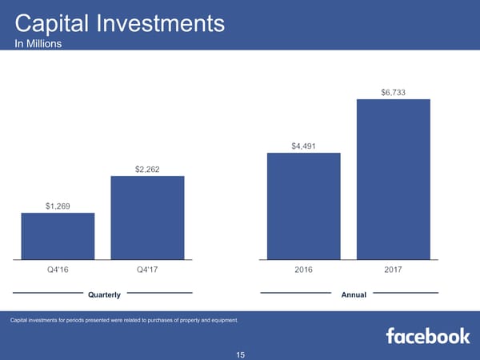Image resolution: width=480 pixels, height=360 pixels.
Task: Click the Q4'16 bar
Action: pyautogui.click(x=58, y=236)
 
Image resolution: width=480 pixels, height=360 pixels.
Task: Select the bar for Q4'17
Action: pyautogui.click(x=147, y=218)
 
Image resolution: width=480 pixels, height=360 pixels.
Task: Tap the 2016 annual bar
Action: pyautogui.click(x=303, y=206)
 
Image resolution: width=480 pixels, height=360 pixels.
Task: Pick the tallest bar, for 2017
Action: pyautogui.click(x=393, y=179)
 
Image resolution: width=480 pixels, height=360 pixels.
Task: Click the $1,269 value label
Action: pyautogui.click(x=58, y=206)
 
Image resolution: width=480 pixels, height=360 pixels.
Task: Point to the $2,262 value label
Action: pyautogui.click(x=147, y=169)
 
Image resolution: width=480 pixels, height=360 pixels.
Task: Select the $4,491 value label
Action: pyautogui.click(x=303, y=146)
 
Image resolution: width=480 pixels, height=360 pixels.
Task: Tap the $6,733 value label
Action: pyautogui.click(x=393, y=93)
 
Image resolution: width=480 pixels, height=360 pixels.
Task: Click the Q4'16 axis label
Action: pyautogui.click(x=58, y=270)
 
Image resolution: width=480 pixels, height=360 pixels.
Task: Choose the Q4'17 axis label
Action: pyautogui.click(x=147, y=270)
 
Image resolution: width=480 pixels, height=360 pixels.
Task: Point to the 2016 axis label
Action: pyautogui.click(x=303, y=270)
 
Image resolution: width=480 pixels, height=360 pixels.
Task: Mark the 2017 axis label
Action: pyautogui.click(x=393, y=270)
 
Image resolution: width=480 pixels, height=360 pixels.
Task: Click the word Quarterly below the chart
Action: pyautogui.click(x=104, y=295)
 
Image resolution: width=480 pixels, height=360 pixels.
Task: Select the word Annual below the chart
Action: pyautogui.click(x=354, y=295)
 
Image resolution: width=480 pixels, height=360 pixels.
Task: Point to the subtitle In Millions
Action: pyautogui.click(x=38, y=45)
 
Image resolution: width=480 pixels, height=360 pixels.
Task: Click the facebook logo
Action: pyautogui.click(x=428, y=336)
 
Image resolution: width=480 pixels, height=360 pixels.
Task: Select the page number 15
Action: pyautogui.click(x=240, y=354)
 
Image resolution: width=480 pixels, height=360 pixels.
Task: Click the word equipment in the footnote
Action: pyautogui.click(x=220, y=321)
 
